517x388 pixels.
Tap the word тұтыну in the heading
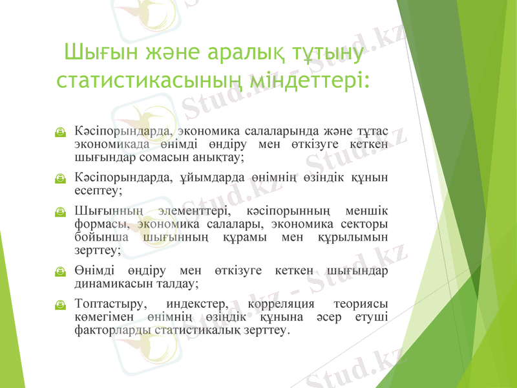click(326, 51)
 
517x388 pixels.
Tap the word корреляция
click(280, 304)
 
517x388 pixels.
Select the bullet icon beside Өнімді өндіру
click(59, 272)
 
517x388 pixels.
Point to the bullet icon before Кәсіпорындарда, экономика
click(59, 132)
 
